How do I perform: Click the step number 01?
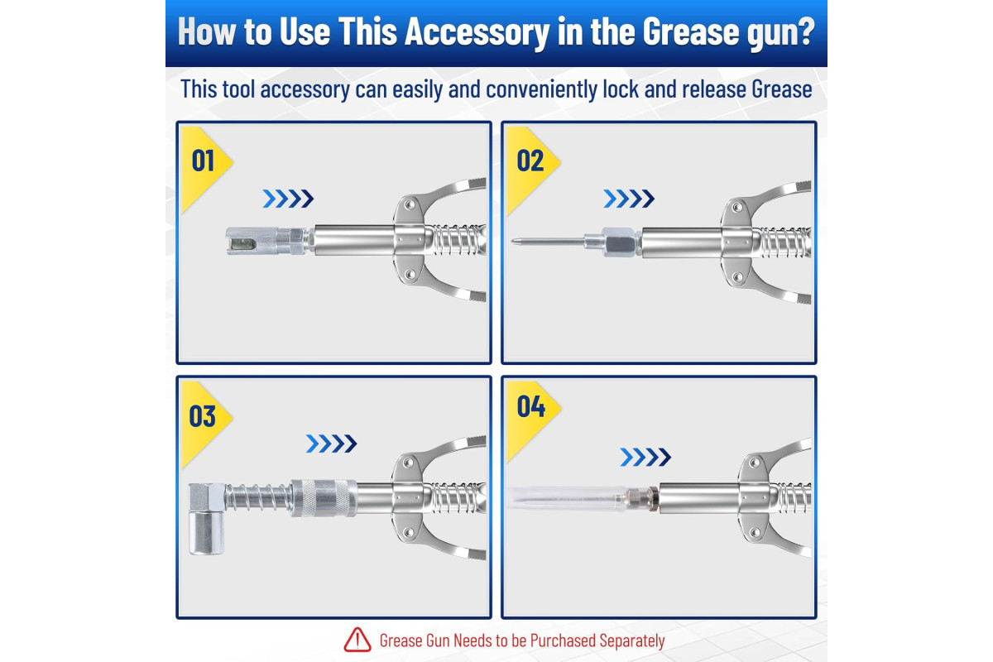coord(203,161)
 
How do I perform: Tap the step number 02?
coord(530,161)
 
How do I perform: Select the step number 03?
coord(203,416)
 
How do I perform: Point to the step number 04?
coord(531,406)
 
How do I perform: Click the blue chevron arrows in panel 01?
coord(288,199)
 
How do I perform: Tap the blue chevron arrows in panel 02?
coord(629,199)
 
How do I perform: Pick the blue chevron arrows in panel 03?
coord(331,444)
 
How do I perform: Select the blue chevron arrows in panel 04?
coord(645,457)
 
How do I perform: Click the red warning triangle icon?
coord(357,640)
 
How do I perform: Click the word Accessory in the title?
coord(477,32)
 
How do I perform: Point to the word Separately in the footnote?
coord(631,640)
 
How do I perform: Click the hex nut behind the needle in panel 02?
coord(620,242)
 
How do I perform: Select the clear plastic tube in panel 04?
coord(568,498)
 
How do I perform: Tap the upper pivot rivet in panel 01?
coord(410,205)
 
